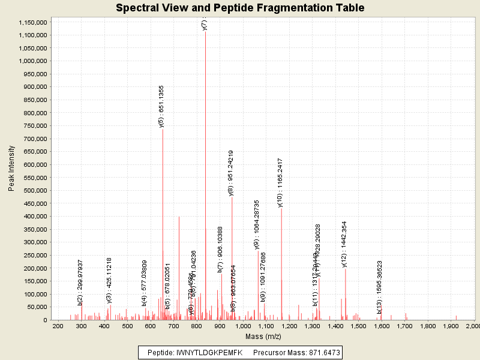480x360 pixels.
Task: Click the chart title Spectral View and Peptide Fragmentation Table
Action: [240, 8]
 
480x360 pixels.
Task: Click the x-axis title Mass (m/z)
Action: [266, 336]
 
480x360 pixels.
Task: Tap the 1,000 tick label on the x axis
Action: [242, 326]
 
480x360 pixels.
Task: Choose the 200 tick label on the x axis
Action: [58, 326]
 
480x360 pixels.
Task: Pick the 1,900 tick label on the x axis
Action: [451, 326]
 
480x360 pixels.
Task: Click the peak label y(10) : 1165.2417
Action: [280, 182]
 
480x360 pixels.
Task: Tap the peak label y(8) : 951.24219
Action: [231, 173]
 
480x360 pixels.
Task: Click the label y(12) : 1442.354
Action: [344, 244]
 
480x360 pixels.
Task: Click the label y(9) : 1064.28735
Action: [257, 224]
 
